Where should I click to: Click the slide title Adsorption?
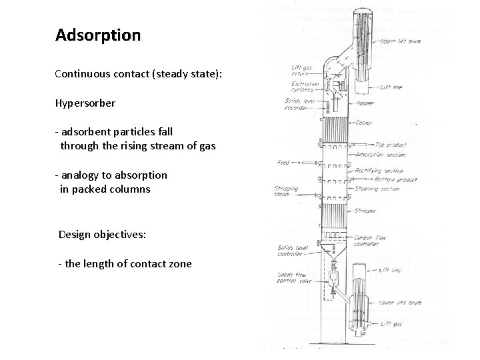pos(98,35)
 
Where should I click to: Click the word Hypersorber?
pos(86,104)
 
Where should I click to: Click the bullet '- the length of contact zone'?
pos(125,264)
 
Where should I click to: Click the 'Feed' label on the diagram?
pos(283,163)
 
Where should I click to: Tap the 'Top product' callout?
pos(390,145)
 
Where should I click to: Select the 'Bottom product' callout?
pos(396,179)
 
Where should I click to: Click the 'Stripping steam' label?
pos(286,192)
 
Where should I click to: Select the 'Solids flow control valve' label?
pos(292,278)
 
